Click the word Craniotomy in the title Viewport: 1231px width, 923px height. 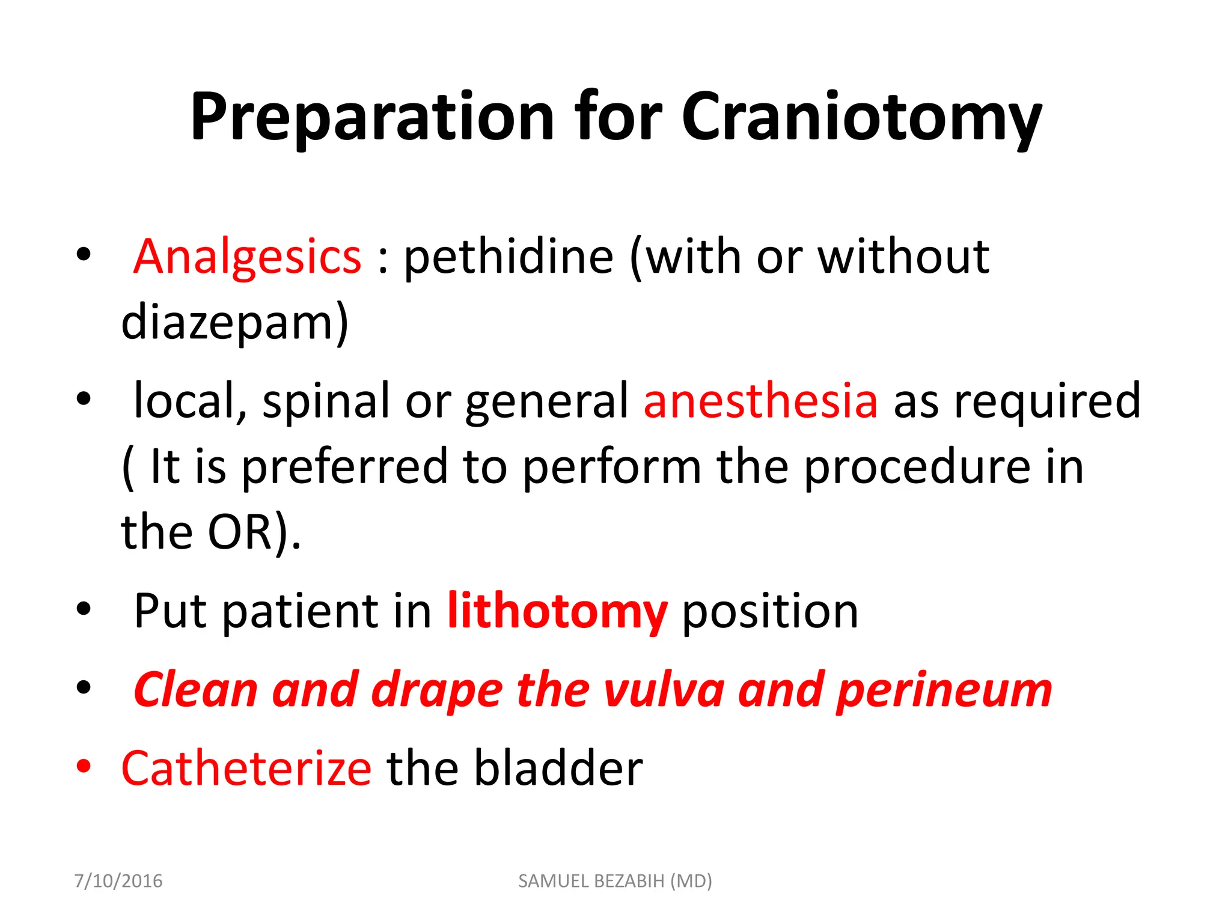861,117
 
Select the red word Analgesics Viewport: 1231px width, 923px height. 247,257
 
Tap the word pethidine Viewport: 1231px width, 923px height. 509,257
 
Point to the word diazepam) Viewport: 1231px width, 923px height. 234,323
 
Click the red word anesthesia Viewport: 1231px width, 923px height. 760,401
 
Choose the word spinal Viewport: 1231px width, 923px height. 326,401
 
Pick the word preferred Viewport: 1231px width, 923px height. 345,467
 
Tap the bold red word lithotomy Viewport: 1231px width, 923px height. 557,612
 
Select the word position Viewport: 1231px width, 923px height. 770,612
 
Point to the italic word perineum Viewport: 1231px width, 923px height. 944,690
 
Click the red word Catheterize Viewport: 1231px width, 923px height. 246,769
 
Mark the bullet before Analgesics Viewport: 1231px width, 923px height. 84,254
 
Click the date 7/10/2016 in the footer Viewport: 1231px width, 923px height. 118,881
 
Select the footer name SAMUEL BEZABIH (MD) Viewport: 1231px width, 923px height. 615,881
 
